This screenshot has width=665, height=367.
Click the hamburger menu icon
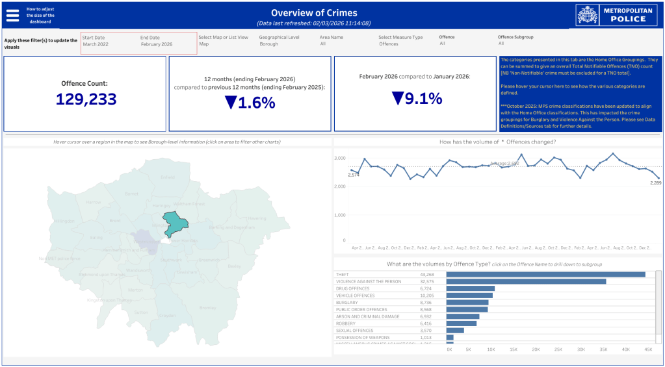[13, 14]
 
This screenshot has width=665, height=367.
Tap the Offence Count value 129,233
[86, 99]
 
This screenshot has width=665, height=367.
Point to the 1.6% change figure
[250, 102]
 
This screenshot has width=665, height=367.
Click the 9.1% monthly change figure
[417, 98]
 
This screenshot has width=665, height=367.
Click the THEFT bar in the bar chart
[545, 275]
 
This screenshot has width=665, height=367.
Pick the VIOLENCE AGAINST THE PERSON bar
[526, 281]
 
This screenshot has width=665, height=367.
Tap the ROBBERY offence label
[346, 323]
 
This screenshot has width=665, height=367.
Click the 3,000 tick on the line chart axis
[339, 158]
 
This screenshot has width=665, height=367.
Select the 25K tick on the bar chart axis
[558, 349]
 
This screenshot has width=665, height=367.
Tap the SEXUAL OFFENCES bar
[455, 331]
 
